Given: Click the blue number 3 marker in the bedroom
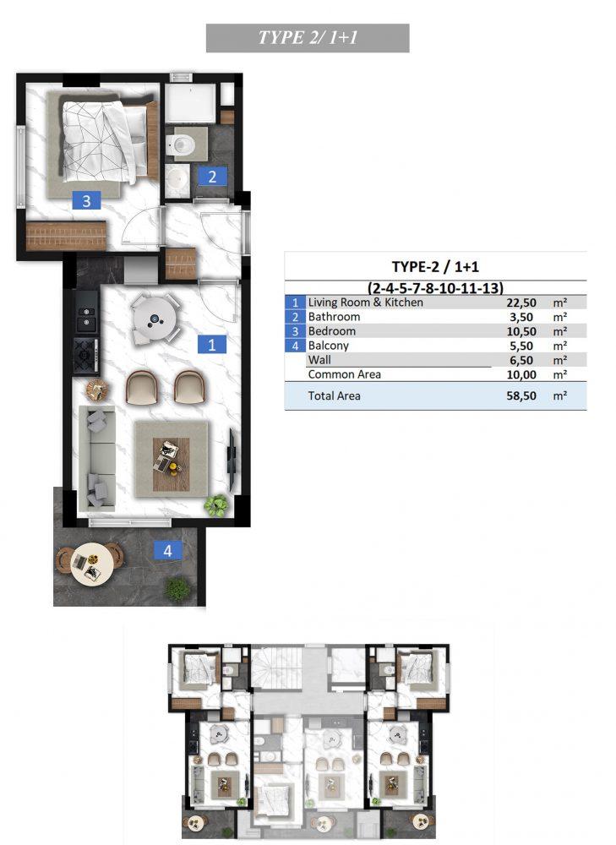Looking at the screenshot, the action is (x=86, y=201).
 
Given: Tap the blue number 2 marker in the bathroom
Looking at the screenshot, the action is (x=212, y=177).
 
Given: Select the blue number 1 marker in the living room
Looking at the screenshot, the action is (x=212, y=345).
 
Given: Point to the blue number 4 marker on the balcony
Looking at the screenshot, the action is (x=167, y=551).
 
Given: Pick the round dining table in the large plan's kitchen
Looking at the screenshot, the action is (x=155, y=319).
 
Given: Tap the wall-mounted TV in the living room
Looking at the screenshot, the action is (x=232, y=460).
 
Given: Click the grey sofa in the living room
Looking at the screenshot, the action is (x=97, y=457).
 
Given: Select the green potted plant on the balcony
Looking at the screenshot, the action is (x=177, y=588).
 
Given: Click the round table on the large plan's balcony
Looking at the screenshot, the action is (x=91, y=563).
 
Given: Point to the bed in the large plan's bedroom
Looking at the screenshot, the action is (x=104, y=139).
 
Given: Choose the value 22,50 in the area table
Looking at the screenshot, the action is (x=521, y=303).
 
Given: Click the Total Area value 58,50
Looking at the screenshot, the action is (x=521, y=396).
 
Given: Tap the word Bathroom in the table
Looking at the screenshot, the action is (x=334, y=317).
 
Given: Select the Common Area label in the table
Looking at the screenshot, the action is (x=345, y=374).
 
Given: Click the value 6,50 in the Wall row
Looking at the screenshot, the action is (x=521, y=361).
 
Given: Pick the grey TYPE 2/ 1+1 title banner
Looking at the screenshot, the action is (x=308, y=38).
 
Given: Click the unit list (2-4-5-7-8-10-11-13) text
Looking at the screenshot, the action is (x=435, y=287).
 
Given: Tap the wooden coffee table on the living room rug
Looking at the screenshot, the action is (x=171, y=464).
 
